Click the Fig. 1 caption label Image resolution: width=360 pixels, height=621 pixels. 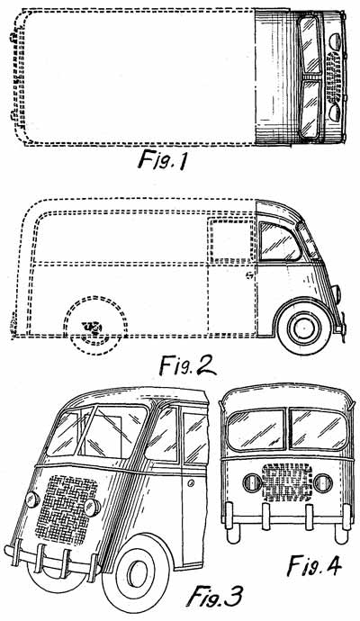pyautogui.click(x=162, y=161)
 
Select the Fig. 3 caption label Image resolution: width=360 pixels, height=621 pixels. pyautogui.click(x=214, y=597)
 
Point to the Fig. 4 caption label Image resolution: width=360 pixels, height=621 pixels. pyautogui.click(x=314, y=565)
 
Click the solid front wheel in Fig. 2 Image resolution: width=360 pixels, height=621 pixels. pyautogui.click(x=304, y=326)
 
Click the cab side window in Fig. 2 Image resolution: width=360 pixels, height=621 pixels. pyautogui.click(x=279, y=241)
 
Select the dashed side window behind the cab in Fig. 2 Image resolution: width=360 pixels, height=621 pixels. pyautogui.click(x=231, y=241)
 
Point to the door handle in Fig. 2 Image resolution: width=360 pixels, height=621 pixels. pyautogui.click(x=249, y=274)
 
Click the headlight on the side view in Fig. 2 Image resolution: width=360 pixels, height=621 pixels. pyautogui.click(x=336, y=293)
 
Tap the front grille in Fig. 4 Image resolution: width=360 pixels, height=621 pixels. pyautogui.click(x=287, y=482)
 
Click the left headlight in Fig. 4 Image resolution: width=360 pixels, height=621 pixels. pyautogui.click(x=252, y=482)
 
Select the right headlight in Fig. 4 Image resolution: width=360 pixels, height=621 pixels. pyautogui.click(x=323, y=483)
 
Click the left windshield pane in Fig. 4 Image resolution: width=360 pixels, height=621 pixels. pyautogui.click(x=256, y=429)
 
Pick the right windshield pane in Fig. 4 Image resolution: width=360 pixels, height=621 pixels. pyautogui.click(x=319, y=429)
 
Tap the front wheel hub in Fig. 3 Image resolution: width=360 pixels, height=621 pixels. pyautogui.click(x=139, y=572)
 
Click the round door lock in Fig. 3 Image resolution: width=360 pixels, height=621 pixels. pyautogui.click(x=192, y=482)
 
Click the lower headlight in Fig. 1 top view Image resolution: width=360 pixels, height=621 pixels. pyautogui.click(x=335, y=111)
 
